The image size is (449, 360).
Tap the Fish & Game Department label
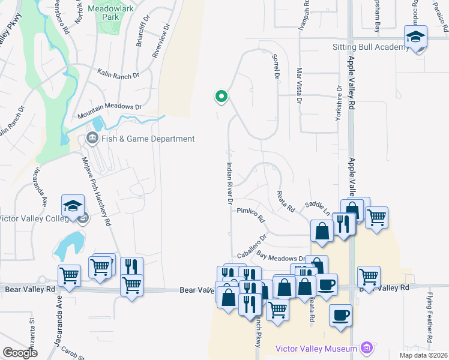tap(148, 139)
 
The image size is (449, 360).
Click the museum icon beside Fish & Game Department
tap(92, 139)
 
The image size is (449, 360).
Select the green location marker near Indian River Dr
tap(221, 96)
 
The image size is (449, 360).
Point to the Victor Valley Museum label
tap(317, 349)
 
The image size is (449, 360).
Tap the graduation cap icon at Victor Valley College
tap(71, 205)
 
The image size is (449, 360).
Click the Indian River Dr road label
tap(229, 184)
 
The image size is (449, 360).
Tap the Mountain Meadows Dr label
tap(109, 109)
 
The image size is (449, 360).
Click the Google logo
tap(20, 353)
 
